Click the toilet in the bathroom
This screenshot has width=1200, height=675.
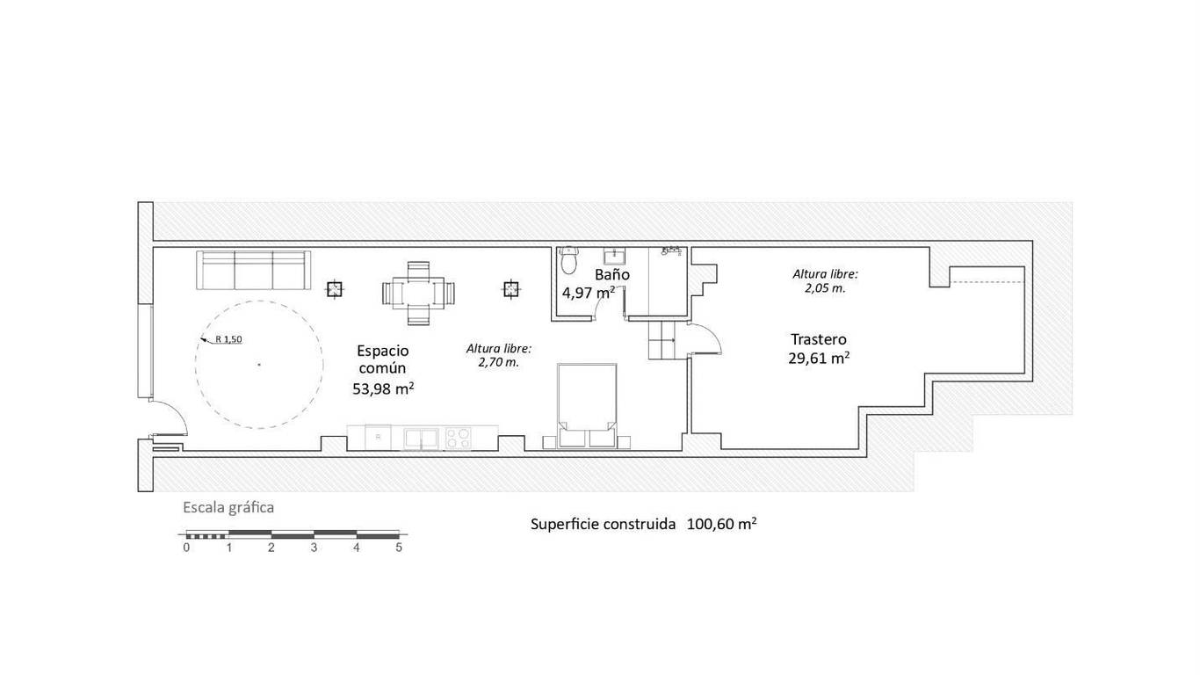point(567,260)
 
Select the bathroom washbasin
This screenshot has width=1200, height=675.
point(614,257)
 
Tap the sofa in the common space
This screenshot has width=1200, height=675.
point(253,270)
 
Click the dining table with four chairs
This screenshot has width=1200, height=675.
point(418,294)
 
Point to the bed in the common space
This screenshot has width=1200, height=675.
point(587,406)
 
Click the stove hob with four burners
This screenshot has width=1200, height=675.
point(458,438)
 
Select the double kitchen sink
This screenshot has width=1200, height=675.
point(421,438)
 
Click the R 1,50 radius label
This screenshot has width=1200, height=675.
point(228,339)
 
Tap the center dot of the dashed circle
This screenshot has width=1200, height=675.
point(259,365)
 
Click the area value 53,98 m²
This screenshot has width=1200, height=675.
point(383,388)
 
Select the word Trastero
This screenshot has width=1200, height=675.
point(819,339)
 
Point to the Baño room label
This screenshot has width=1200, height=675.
point(611,274)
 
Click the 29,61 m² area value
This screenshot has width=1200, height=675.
point(819,358)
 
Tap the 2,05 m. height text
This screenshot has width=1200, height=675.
point(825,288)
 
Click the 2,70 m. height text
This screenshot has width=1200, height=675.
point(499,362)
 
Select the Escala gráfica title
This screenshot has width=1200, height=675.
point(228,508)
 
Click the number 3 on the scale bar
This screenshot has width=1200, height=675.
point(314,548)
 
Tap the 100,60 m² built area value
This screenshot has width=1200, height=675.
point(721,524)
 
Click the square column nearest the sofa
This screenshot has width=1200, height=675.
point(335,289)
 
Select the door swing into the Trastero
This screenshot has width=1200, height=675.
point(705,337)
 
